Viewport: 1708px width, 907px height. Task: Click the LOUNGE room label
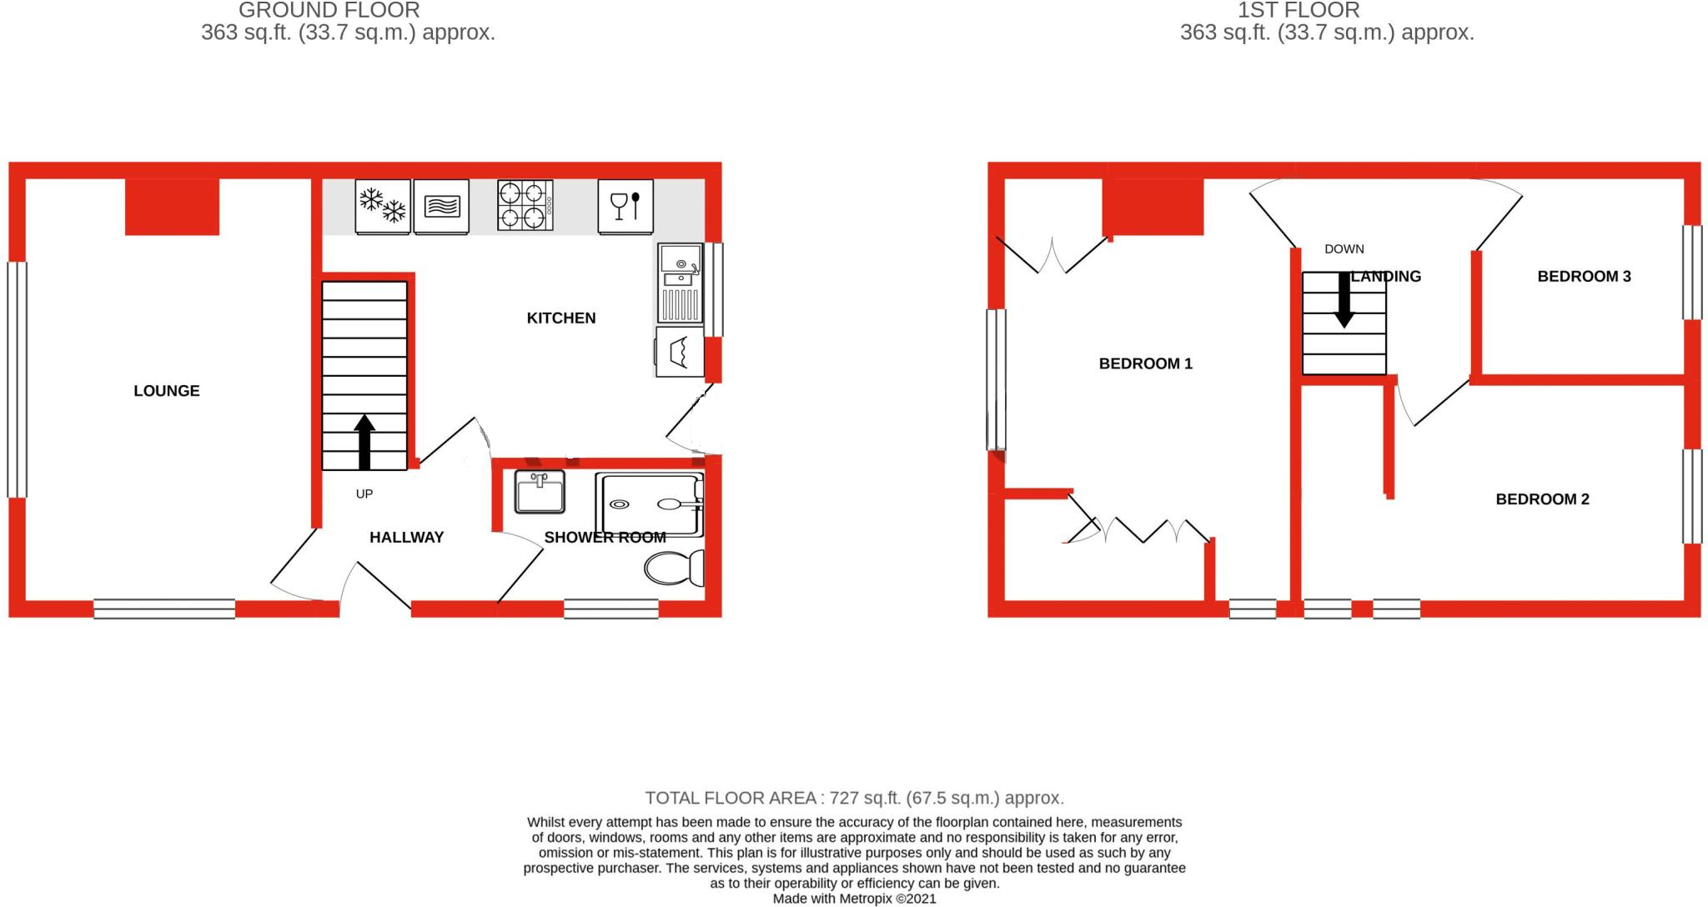[x=167, y=391]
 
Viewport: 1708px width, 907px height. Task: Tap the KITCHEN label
[x=561, y=318]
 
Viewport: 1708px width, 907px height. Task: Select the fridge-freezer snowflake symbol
[x=383, y=206]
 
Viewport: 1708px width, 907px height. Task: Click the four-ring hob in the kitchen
[x=525, y=206]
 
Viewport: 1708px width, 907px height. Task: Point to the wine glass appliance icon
[x=625, y=206]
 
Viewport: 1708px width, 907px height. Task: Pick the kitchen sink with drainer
[x=681, y=283]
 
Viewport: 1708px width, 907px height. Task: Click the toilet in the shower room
[x=675, y=569]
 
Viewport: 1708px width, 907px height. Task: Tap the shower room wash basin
[x=540, y=492]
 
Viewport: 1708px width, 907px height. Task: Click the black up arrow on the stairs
[x=364, y=442]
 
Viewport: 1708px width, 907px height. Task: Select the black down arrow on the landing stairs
[x=1344, y=300]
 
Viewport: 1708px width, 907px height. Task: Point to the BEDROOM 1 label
[x=1145, y=363]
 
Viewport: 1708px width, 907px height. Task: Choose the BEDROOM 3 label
[x=1584, y=277]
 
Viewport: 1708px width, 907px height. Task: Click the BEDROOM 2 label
[x=1542, y=499]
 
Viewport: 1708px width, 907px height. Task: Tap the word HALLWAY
[x=406, y=538]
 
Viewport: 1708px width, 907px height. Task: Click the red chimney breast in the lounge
[x=172, y=208]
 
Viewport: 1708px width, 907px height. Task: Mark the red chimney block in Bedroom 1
[x=1153, y=208]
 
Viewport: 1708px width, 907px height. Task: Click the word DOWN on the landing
[x=1344, y=248]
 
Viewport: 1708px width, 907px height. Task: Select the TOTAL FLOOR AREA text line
[x=854, y=798]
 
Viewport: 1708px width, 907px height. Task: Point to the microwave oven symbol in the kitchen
[x=442, y=206]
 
